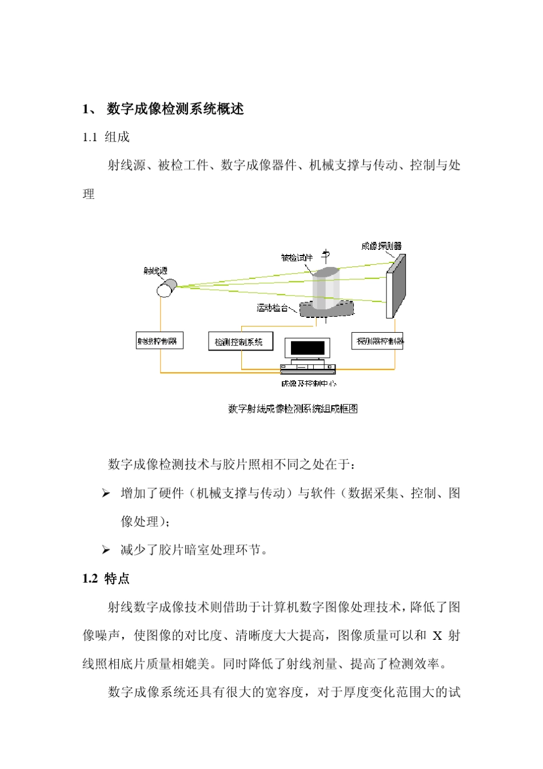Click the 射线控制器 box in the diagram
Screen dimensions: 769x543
(159, 341)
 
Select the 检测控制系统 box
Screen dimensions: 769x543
(240, 342)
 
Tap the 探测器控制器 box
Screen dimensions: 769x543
(377, 341)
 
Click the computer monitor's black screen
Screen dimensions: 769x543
(308, 348)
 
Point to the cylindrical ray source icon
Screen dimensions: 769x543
(166, 288)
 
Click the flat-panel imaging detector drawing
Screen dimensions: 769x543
(396, 285)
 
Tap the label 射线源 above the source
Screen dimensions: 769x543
(155, 271)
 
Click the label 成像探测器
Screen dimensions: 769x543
(381, 246)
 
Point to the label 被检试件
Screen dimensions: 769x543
(297, 258)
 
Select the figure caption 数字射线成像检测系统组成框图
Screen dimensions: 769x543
(293, 409)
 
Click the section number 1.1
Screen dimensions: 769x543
(90, 137)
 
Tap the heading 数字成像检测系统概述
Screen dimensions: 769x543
(175, 109)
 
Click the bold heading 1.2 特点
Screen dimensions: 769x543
(106, 579)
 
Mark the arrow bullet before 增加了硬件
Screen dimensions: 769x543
(106, 493)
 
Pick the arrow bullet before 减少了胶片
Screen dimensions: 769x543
(106, 550)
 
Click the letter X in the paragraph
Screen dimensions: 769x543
(437, 636)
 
